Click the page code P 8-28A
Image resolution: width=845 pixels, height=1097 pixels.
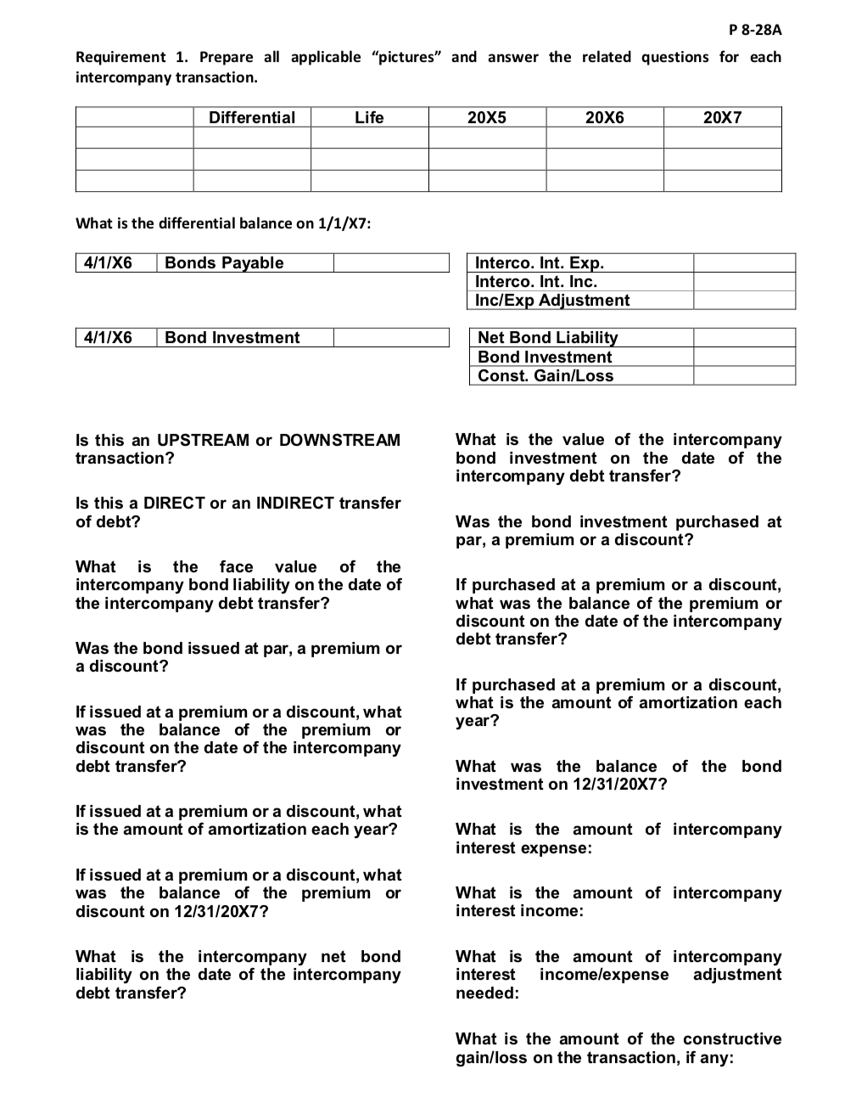tap(755, 31)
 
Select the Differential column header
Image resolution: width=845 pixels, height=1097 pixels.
tap(252, 118)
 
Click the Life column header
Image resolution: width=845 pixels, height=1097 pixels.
tap(369, 118)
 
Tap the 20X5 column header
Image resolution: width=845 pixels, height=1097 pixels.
tap(487, 118)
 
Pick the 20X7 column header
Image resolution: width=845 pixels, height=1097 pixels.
tap(722, 118)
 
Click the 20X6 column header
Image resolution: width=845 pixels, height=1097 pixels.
tap(604, 118)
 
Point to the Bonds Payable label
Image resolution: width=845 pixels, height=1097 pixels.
tap(224, 263)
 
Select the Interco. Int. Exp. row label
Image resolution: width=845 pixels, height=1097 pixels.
tap(540, 263)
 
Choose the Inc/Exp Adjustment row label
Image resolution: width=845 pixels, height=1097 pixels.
tap(552, 301)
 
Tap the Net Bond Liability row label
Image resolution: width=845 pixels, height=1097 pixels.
tap(548, 338)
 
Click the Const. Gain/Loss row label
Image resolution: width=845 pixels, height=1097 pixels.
tap(546, 376)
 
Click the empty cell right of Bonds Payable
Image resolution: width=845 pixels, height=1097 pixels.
tap(391, 263)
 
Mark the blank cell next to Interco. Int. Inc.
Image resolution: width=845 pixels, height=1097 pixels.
tap(744, 282)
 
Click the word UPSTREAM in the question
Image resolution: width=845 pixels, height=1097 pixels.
tap(204, 441)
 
